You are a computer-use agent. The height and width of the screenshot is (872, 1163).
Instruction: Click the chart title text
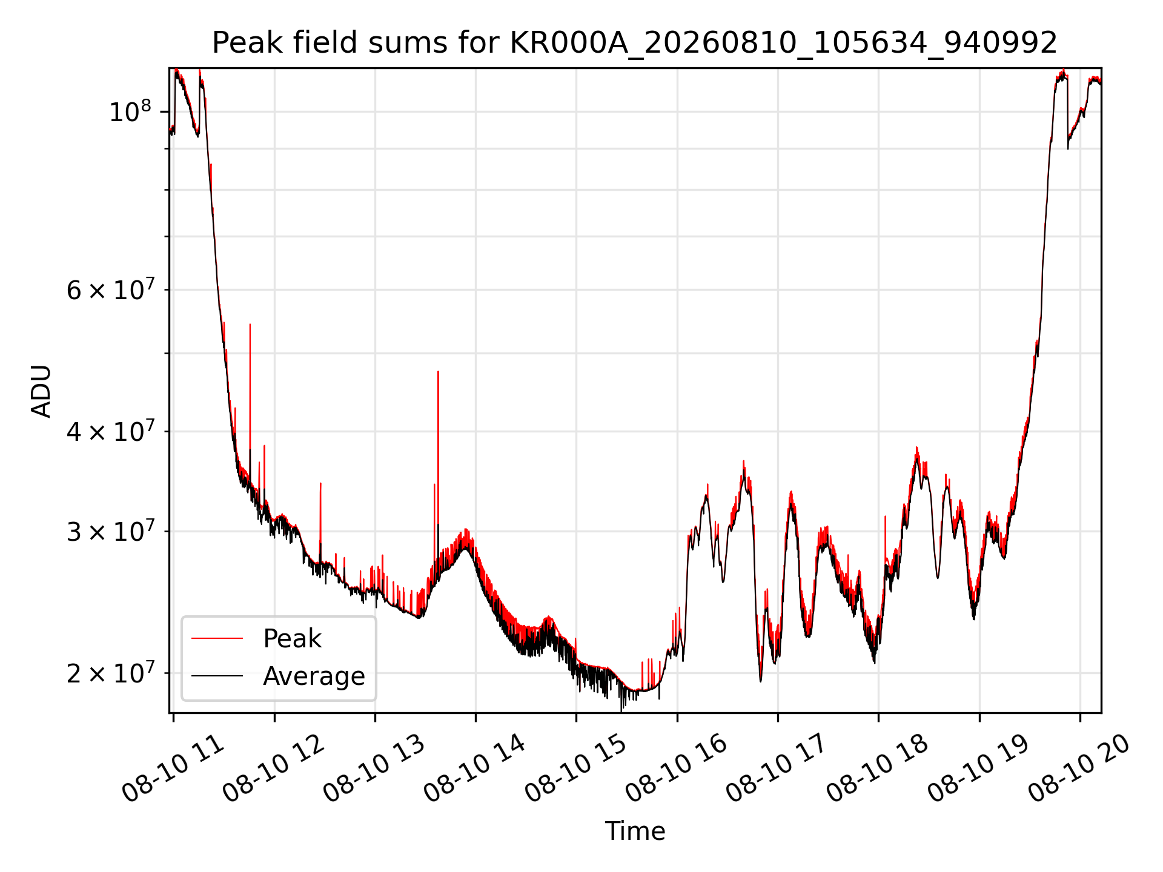coord(635,43)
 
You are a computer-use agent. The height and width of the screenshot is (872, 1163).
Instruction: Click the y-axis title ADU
coord(41,391)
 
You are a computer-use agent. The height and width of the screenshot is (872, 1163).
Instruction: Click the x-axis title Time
coord(635,831)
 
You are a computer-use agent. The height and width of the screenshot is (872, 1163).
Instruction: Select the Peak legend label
coord(292,638)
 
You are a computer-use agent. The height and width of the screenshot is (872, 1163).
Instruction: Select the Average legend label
coord(314,676)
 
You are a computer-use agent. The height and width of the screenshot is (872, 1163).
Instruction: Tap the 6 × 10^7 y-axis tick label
coord(110,289)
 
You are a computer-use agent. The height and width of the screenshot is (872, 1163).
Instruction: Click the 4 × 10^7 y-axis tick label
coord(110,431)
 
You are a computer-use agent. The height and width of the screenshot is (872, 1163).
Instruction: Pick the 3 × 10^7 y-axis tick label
coord(110,531)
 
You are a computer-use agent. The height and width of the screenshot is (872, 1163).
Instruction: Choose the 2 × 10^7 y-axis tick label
coord(110,673)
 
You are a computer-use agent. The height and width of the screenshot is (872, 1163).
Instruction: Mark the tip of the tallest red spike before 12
coord(250,325)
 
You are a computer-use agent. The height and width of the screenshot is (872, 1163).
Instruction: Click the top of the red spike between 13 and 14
coord(438,371)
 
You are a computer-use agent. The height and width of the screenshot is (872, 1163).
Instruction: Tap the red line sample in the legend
coord(217,638)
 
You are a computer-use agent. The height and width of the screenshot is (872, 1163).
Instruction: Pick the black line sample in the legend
coord(217,676)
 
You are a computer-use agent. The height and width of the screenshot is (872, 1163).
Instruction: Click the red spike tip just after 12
coord(320,483)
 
